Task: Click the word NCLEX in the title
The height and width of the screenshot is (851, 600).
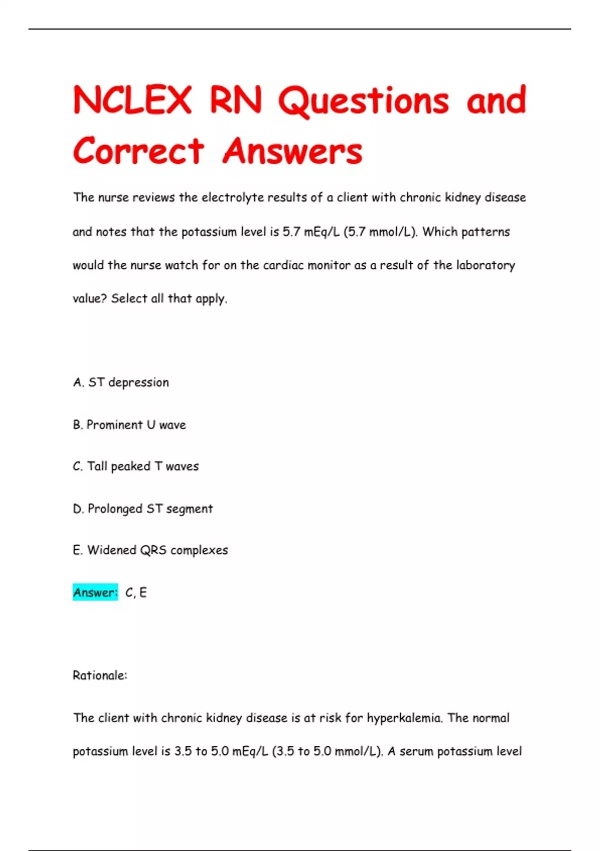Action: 132,100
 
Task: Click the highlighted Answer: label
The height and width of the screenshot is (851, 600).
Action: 95,592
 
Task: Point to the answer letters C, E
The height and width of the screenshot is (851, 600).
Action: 136,593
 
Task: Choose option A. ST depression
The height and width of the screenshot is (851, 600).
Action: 121,382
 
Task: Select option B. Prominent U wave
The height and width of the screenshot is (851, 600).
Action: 129,425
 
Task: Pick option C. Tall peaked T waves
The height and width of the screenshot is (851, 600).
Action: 136,467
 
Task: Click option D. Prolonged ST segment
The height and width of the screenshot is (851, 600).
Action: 143,509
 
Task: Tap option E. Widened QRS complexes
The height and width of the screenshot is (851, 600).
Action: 150,550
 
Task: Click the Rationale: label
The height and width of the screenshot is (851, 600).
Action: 100,675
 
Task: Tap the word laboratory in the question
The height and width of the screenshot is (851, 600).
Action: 485,265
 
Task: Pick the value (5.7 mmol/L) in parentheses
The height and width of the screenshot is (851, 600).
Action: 380,232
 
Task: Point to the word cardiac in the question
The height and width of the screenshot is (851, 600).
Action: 283,265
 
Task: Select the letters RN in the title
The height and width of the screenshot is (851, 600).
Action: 235,100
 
